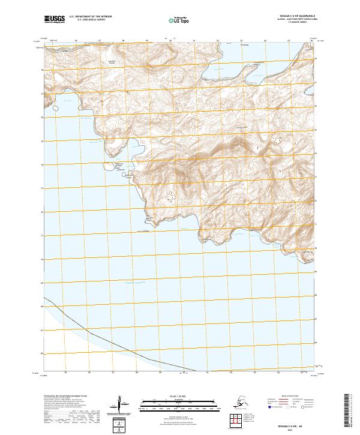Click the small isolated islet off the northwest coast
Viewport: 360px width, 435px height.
(x=56, y=109)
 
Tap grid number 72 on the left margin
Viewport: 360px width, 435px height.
(x=42, y=212)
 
